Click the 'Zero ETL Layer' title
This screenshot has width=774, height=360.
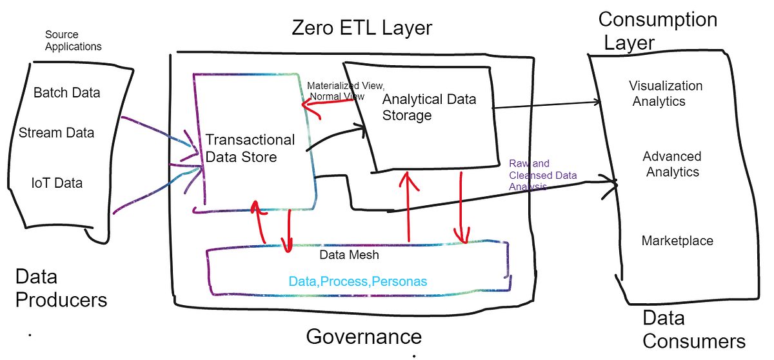click(362, 28)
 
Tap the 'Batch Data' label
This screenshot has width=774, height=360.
click(66, 93)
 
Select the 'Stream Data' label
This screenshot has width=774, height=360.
click(56, 133)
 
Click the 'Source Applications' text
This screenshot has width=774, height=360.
click(74, 41)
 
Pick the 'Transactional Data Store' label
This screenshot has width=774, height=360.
click(250, 148)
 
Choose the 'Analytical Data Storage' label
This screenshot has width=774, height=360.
click(428, 107)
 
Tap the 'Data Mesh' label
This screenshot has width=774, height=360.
click(349, 255)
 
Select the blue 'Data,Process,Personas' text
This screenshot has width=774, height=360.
click(357, 282)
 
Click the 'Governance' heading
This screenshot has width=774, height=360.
click(363, 336)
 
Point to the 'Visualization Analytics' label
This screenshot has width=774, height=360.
click(666, 94)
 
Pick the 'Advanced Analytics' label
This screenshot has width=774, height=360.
click(671, 164)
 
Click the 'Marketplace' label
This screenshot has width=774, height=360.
click(677, 241)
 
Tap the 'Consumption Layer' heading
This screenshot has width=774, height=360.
click(657, 30)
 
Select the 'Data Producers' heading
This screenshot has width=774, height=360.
click(61, 288)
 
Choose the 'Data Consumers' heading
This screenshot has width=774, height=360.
click(693, 329)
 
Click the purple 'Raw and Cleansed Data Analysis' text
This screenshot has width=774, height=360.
click(542, 175)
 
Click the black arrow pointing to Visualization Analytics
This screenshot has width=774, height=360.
click(548, 105)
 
